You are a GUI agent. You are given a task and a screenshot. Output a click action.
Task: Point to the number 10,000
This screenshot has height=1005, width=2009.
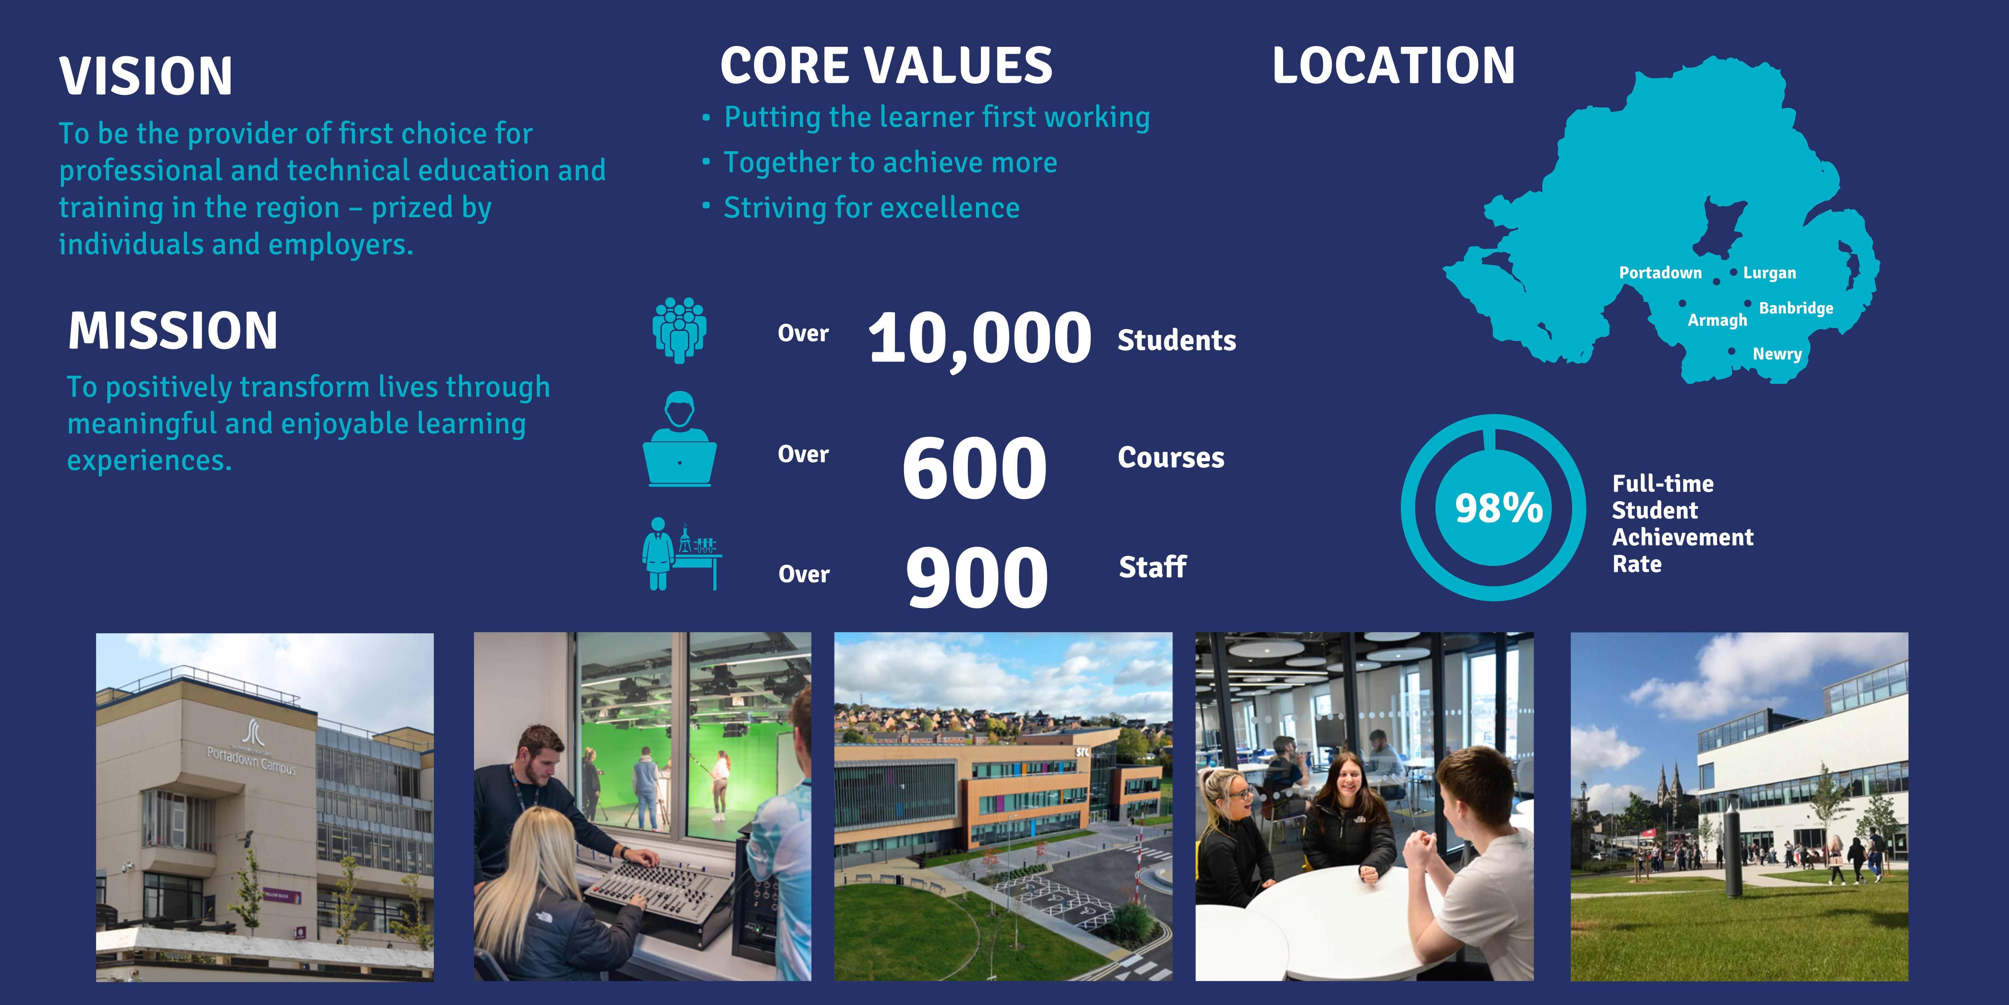[x=980, y=339]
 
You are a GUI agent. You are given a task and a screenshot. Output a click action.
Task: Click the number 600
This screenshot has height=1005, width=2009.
[x=975, y=468]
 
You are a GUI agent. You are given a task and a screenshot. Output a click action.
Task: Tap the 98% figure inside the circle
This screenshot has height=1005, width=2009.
[x=1499, y=508]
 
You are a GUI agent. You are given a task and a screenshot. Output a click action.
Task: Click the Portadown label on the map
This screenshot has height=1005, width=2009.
[x=1661, y=272]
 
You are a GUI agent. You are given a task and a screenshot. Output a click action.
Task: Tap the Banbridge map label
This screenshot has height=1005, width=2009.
[x=1796, y=308]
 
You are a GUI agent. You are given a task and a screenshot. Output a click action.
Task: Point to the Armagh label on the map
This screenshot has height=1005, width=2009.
[x=1717, y=320]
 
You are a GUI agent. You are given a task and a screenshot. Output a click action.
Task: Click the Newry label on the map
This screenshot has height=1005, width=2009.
[x=1777, y=354]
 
